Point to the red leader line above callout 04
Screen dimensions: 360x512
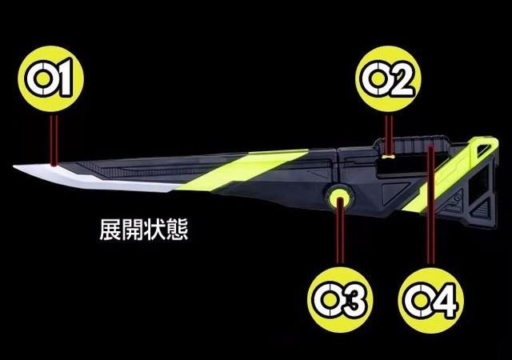pos(430,208)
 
